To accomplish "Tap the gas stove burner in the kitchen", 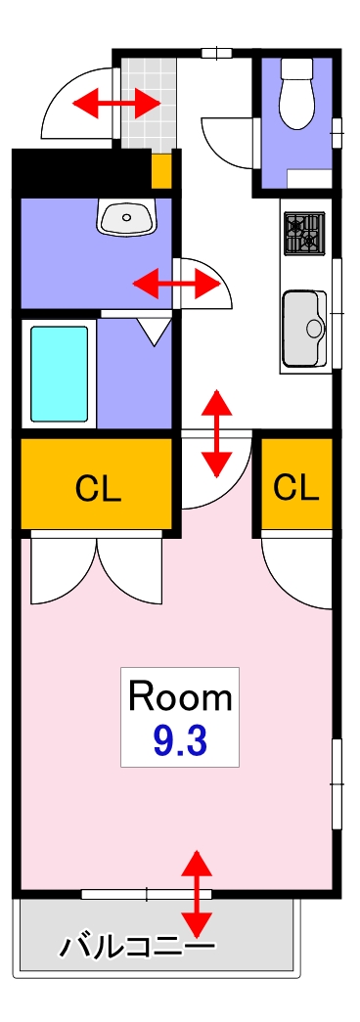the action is (302, 233).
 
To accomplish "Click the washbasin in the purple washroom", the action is (126, 216).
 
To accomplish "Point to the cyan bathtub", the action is (60, 373).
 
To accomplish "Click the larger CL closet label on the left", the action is (99, 488).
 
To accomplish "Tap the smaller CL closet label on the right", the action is (295, 486).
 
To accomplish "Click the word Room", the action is (181, 697).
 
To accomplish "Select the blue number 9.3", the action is (180, 741).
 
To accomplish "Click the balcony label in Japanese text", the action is (137, 947).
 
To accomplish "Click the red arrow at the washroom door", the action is (175, 285).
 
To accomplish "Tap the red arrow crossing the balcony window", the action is (198, 894).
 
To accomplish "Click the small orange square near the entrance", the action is (161, 171).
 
